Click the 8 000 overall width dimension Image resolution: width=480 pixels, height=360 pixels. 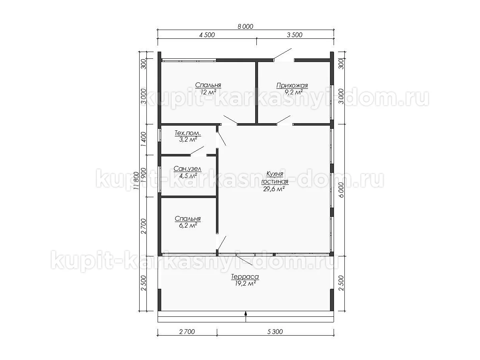[245, 26]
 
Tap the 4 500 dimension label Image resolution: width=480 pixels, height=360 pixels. [207, 35]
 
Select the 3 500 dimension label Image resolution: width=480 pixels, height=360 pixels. [294, 35]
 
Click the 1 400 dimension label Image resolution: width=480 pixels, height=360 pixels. [144, 140]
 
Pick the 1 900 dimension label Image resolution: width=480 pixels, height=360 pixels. [144, 176]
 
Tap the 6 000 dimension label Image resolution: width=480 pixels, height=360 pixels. [341, 190]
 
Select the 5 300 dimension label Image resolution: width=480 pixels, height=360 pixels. [275, 332]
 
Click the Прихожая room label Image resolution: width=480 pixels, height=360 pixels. [292, 86]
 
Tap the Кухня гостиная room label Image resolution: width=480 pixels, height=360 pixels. [275, 178]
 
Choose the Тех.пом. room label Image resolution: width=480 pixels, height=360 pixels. [188, 133]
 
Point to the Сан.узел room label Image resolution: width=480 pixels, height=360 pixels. [188, 169]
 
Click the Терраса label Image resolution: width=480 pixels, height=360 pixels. [245, 277]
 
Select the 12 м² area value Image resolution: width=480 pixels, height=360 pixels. [208, 92]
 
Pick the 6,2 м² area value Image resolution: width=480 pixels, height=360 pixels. [188, 225]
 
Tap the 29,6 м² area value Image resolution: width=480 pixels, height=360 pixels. [274, 189]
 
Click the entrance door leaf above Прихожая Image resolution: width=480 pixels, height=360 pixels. [282, 54]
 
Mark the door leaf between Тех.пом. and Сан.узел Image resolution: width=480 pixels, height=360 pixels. [197, 151]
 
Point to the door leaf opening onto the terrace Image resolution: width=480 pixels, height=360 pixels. [244, 260]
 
